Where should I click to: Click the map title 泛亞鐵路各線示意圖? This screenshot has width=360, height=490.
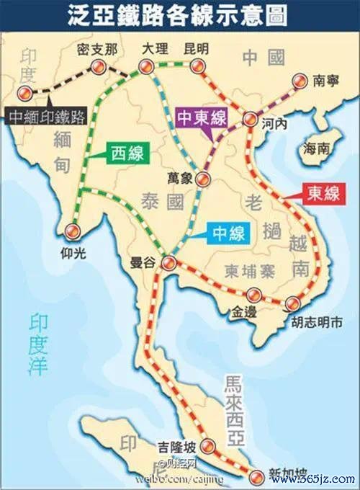[179, 15]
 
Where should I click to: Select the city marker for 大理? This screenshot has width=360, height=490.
[147, 68]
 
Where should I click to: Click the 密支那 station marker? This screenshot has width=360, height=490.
[96, 67]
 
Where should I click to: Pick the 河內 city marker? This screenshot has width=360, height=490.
[250, 120]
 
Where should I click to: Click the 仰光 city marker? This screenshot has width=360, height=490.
[72, 231]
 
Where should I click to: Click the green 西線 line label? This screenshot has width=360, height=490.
[128, 153]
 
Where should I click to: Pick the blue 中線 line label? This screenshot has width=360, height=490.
[228, 233]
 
